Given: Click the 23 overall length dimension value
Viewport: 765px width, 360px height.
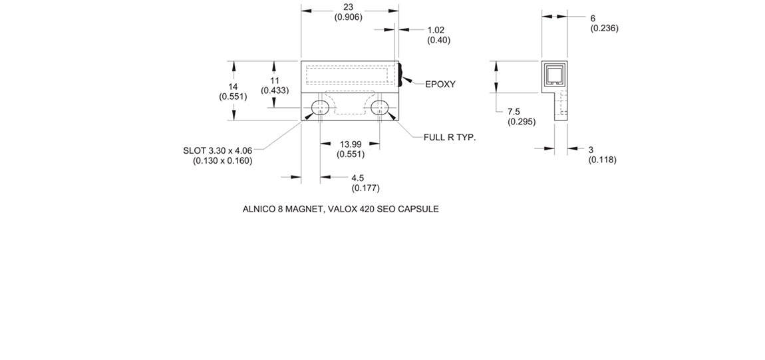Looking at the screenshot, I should pyautogui.click(x=348, y=7).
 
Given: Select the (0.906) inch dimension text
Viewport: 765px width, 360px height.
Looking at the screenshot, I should pyautogui.click(x=348, y=17).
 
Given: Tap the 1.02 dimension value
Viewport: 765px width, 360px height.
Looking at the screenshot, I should pyautogui.click(x=436, y=30).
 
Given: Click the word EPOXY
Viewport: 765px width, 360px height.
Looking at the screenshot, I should pyautogui.click(x=440, y=84).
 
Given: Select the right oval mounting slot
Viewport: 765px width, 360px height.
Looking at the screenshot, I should pyautogui.click(x=380, y=107).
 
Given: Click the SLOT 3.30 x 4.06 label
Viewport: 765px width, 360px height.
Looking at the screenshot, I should pyautogui.click(x=218, y=150).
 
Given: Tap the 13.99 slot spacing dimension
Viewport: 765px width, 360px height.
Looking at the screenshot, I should pyautogui.click(x=351, y=144).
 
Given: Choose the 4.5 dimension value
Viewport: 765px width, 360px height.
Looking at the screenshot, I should pyautogui.click(x=357, y=178).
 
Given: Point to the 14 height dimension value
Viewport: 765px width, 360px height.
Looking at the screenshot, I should pyautogui.click(x=233, y=87).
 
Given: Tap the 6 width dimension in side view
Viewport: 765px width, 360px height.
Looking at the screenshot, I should pyautogui.click(x=593, y=18).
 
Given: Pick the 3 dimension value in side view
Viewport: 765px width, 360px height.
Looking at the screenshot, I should pyautogui.click(x=591, y=150).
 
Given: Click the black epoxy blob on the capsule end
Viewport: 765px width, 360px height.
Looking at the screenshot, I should pyautogui.click(x=401, y=75).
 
